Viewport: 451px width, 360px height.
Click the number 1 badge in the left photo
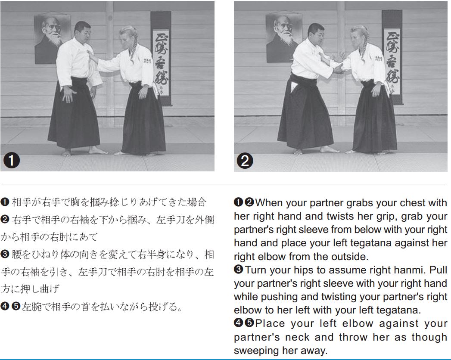12,160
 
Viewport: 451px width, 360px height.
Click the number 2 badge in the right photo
245,161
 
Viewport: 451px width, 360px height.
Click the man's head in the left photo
83,31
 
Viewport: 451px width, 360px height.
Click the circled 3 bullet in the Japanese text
5,254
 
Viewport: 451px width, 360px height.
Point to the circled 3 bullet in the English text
239,270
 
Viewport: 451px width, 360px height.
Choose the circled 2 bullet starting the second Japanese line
5,219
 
